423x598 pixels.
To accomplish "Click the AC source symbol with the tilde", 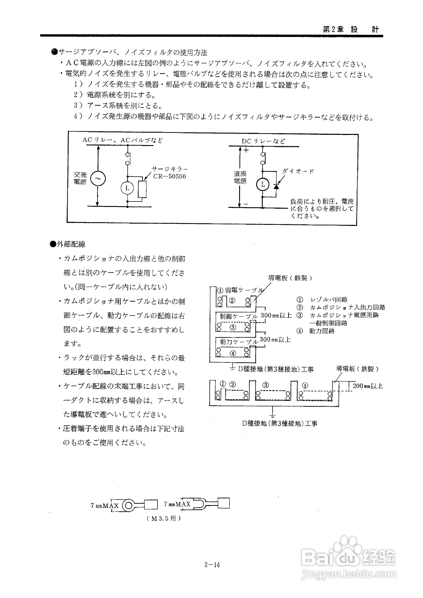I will tap(98, 178).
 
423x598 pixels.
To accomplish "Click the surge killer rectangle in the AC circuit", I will tap(142, 189).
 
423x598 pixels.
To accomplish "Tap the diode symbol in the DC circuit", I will tap(276, 187).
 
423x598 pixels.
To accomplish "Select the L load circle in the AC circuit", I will tap(127, 188).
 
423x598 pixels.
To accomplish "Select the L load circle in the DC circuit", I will tap(263, 184).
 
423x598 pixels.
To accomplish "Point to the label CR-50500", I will tap(169, 176).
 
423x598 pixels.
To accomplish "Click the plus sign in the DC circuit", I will tap(246, 150).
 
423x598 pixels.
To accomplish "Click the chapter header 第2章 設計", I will tap(351, 29).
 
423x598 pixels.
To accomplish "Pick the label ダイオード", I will tap(298, 171).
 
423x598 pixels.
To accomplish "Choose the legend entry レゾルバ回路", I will tap(329, 299).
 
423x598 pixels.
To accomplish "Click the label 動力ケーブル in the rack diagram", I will tap(239, 342).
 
